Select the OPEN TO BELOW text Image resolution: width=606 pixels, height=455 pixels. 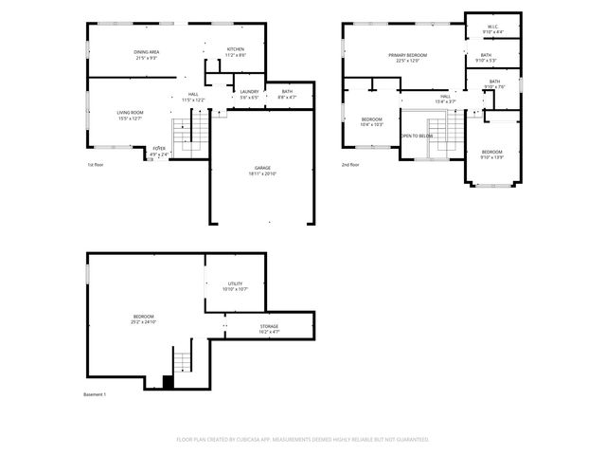(x=417, y=136)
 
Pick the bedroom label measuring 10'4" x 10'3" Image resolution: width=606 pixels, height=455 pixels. (x=371, y=121)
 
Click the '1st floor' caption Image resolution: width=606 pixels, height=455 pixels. (x=95, y=164)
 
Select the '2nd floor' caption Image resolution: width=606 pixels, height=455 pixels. (x=350, y=164)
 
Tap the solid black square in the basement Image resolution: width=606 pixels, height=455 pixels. (x=169, y=382)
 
